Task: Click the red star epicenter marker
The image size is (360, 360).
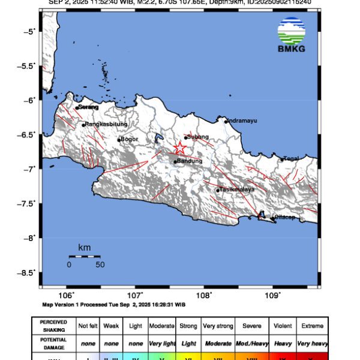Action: [179, 148]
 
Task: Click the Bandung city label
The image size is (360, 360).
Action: [188, 161]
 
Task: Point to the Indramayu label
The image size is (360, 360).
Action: [242, 121]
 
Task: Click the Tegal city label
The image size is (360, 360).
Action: [292, 158]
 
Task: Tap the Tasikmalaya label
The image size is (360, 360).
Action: [238, 189]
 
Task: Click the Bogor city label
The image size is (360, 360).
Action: [129, 139]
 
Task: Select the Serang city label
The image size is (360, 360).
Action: [88, 107]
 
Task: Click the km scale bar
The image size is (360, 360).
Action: [84, 256]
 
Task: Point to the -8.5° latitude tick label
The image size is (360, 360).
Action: [28, 272]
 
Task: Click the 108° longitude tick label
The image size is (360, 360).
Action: [203, 295]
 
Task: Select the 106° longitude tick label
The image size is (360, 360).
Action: [67, 295]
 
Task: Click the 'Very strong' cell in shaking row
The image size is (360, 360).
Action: [218, 326]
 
